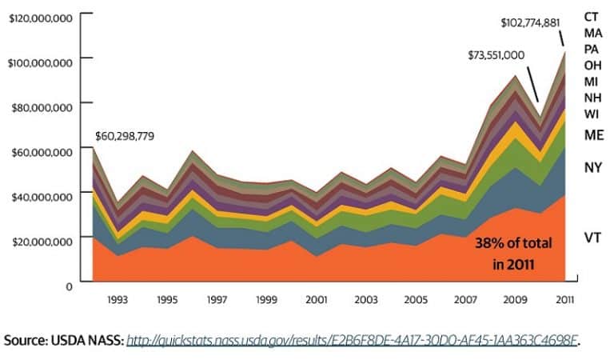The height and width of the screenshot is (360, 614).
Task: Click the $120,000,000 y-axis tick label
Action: pyautogui.click(x=40, y=16)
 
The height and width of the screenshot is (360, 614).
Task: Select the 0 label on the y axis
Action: pyautogui.click(x=69, y=285)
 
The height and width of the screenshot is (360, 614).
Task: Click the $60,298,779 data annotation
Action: pyautogui.click(x=125, y=136)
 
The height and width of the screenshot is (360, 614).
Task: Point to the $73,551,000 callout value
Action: pyautogui.click(x=496, y=55)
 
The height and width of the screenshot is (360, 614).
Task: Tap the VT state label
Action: pyautogui.click(x=592, y=238)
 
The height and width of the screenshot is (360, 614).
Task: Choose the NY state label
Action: pyautogui.click(x=592, y=167)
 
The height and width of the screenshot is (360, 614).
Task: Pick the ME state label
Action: pyautogui.click(x=593, y=134)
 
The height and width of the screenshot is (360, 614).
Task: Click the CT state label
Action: pyautogui.click(x=592, y=16)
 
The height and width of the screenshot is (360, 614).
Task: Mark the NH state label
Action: pyautogui.click(x=592, y=97)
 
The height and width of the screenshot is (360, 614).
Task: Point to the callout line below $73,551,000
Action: pyautogui.click(x=530, y=82)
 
